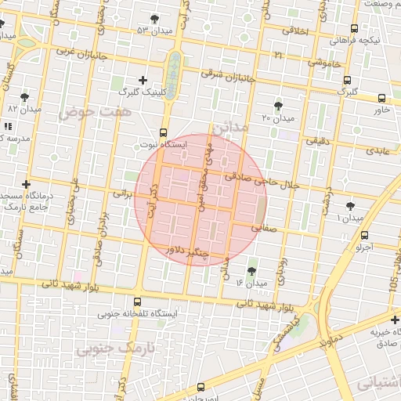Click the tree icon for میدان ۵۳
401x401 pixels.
(x=154, y=18)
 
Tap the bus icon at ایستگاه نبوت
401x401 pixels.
(x=163, y=132)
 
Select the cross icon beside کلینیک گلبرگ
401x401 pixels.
(x=143, y=80)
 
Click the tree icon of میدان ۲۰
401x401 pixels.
(x=279, y=106)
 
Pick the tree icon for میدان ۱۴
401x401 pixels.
(x=251, y=271)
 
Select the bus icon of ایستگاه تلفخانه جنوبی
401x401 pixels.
(x=138, y=302)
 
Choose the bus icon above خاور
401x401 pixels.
(x=381, y=99)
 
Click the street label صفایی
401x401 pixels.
(x=263, y=228)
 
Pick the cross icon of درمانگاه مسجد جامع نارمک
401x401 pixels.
(x=27, y=184)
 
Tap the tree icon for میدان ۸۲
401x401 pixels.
(x=24, y=97)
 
